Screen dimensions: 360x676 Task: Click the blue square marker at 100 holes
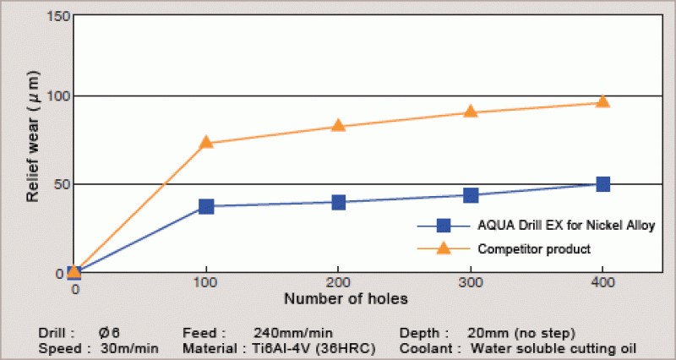206,206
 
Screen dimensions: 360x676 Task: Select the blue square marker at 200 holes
339,202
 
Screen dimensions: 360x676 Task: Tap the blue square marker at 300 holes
471,195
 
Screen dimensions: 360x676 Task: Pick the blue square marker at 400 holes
602,184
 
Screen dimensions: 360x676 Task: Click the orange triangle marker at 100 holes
206,142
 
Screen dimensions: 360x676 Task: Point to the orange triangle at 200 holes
339,126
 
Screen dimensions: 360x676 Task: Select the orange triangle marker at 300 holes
471,112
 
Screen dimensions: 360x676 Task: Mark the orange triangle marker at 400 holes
602,102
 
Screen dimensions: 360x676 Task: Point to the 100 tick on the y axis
54,97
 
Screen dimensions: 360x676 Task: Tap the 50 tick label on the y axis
57,184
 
